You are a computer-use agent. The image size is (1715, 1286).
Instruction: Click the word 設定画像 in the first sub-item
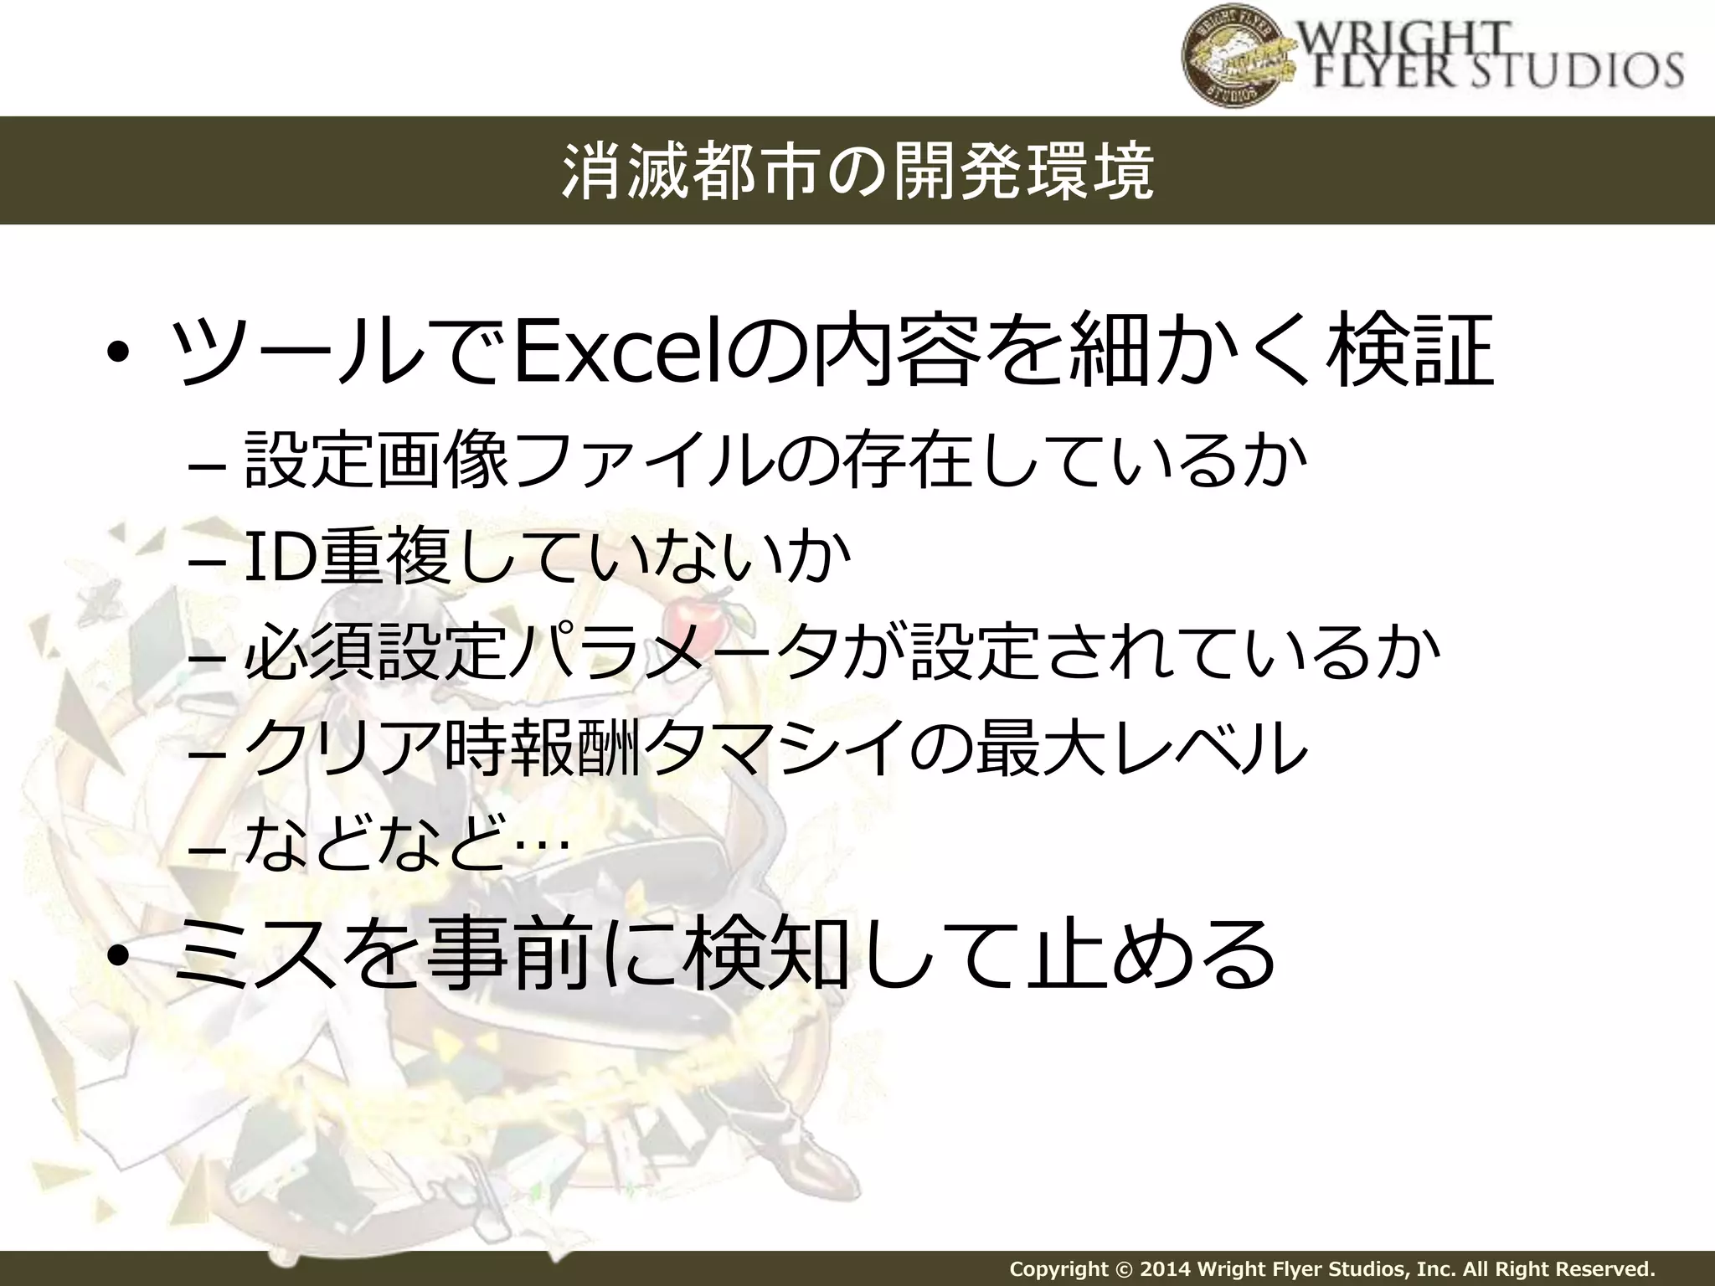(376, 460)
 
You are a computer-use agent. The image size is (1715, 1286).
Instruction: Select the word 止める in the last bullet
(1151, 954)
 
